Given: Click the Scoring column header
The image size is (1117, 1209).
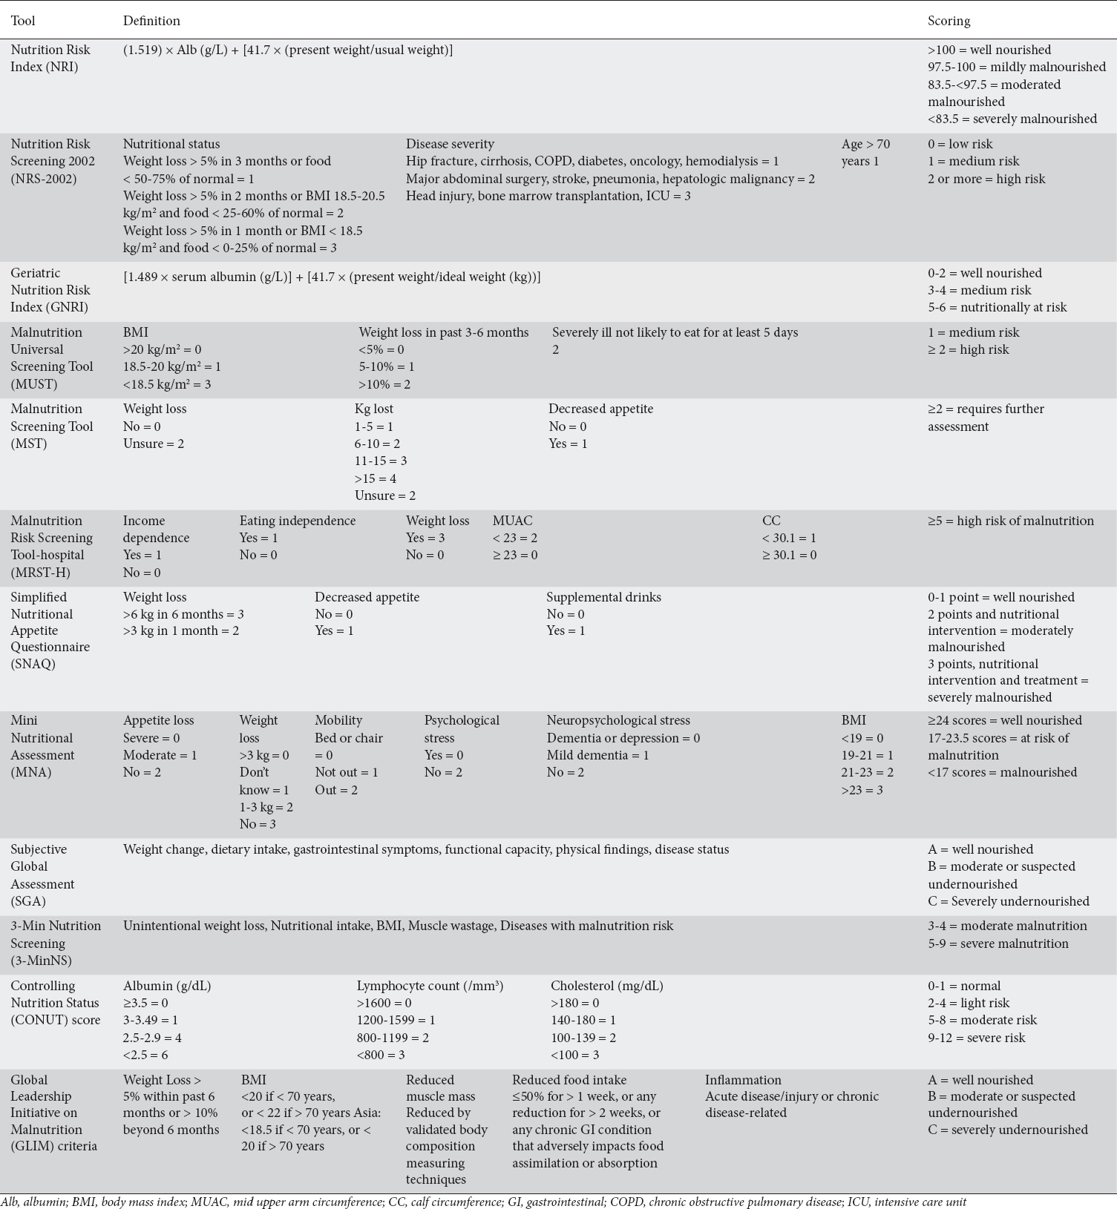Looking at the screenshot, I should pyautogui.click(x=949, y=21).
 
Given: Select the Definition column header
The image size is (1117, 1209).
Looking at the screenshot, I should pyautogui.click(x=151, y=21).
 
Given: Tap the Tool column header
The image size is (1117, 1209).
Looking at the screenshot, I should pyautogui.click(x=23, y=21).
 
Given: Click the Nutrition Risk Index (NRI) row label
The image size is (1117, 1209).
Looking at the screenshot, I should pyautogui.click(x=50, y=58).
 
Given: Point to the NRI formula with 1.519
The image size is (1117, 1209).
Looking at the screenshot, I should pyautogui.click(x=288, y=50).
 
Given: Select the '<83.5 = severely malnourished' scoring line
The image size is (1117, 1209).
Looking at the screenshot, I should pyautogui.click(x=1012, y=119).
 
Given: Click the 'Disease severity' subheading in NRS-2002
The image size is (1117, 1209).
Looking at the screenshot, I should pyautogui.click(x=450, y=144).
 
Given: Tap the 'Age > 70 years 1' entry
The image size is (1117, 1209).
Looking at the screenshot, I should pyautogui.click(x=865, y=152).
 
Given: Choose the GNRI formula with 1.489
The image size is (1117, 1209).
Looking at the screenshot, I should pyautogui.click(x=332, y=277).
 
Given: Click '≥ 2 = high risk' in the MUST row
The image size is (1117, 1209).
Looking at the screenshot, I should pyautogui.click(x=968, y=349).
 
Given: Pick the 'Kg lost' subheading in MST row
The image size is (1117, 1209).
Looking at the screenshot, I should pyautogui.click(x=374, y=409).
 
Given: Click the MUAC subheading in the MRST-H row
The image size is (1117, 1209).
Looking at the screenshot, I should pyautogui.click(x=512, y=521).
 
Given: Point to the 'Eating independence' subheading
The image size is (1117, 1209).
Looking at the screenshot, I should pyautogui.click(x=298, y=521).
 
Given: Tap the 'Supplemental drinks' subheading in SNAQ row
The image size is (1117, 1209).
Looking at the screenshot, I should pyautogui.click(x=603, y=597).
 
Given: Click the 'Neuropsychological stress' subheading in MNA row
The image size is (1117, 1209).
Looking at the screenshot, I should pyautogui.click(x=618, y=720).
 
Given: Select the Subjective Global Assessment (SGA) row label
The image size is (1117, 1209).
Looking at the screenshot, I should pyautogui.click(x=42, y=875).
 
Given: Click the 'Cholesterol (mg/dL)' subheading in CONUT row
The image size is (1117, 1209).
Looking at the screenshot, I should pyautogui.click(x=606, y=986).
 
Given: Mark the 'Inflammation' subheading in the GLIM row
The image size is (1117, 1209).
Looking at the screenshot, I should pyautogui.click(x=743, y=1080).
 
